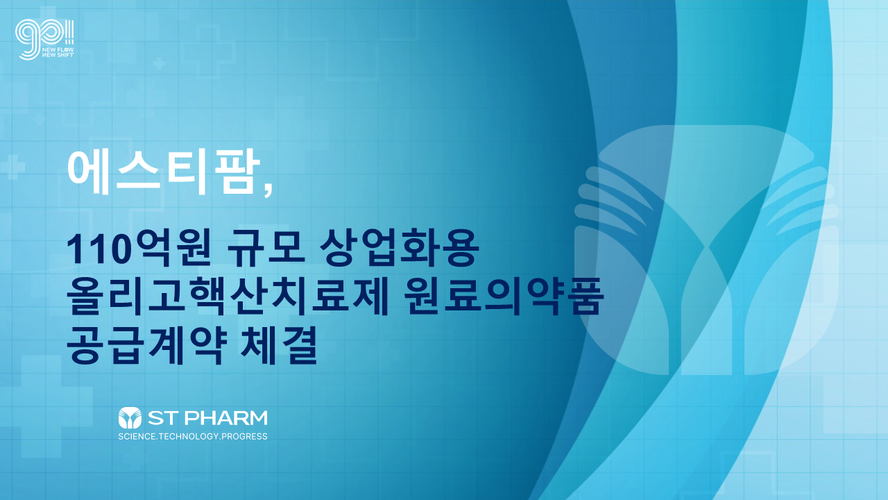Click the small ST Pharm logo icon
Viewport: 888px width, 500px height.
tap(130, 417)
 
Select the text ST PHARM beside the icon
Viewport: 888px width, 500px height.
tap(207, 418)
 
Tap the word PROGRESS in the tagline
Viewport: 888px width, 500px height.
tap(245, 437)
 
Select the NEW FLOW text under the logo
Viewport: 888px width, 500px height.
tap(58, 50)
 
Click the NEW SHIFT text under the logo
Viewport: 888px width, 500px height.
tap(58, 55)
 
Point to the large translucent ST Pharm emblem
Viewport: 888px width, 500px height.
tap(706, 250)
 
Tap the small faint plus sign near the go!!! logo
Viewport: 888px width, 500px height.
tap(159, 63)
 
